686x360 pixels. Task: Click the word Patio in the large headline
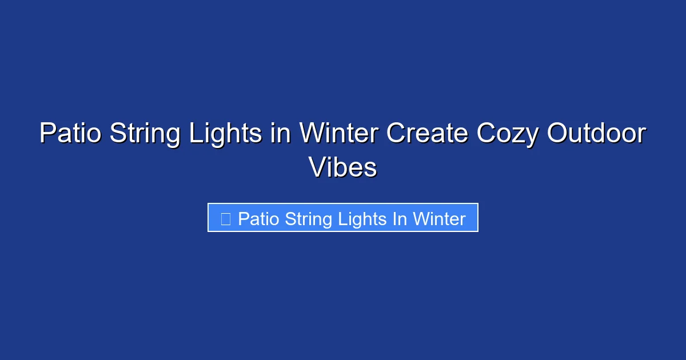pyautogui.click(x=70, y=134)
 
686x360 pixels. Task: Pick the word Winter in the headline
pyautogui.click(x=339, y=134)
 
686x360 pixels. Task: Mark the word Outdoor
pyautogui.click(x=596, y=134)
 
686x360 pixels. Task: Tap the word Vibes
pyautogui.click(x=342, y=167)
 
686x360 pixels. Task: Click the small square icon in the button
pyautogui.click(x=225, y=219)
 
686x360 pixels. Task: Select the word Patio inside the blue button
pyautogui.click(x=258, y=219)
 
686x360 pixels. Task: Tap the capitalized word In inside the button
pyautogui.click(x=400, y=219)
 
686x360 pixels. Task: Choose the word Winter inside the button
pyautogui.click(x=440, y=219)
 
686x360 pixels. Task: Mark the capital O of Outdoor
pyautogui.click(x=558, y=134)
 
